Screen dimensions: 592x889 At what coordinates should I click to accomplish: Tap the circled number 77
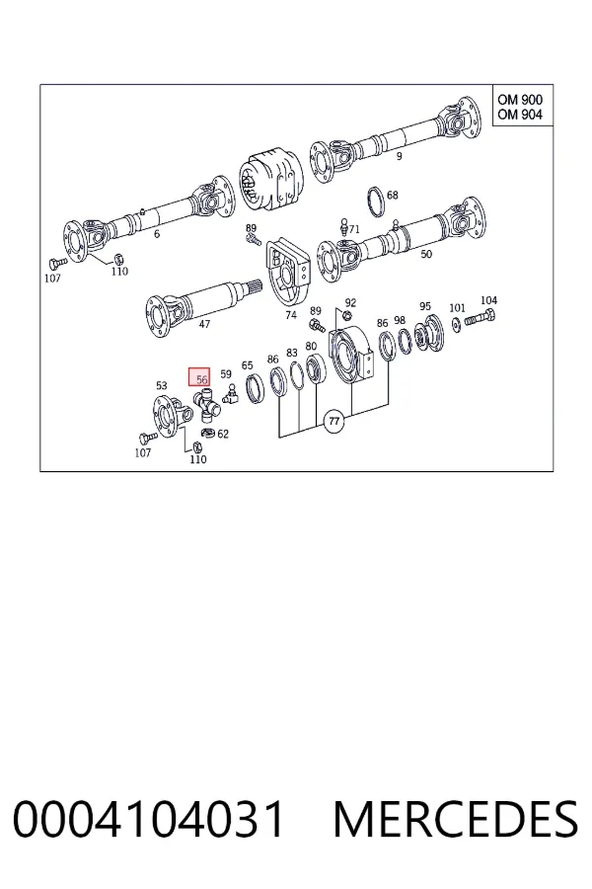334,421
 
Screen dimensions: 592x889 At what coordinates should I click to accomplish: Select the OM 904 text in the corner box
520,115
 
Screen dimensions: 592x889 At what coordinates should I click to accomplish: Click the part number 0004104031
148,819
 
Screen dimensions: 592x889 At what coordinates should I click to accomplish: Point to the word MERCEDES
456,819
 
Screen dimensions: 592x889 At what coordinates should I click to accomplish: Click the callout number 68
392,195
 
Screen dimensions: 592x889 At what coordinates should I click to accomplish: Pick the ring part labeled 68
375,201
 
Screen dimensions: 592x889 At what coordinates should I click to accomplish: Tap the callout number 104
488,300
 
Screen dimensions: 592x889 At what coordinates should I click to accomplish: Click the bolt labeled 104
480,318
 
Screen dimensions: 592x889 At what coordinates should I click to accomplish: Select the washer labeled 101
456,325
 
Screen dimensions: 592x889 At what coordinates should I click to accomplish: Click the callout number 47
204,324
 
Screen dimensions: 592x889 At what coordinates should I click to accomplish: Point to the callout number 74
291,315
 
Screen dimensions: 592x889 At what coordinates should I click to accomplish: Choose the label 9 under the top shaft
399,156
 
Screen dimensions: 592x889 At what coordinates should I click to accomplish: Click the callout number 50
426,254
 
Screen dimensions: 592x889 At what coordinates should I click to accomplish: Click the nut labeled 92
349,315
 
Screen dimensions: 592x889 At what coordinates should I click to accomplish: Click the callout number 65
247,365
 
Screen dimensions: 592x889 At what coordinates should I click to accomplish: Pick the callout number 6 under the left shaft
157,233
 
